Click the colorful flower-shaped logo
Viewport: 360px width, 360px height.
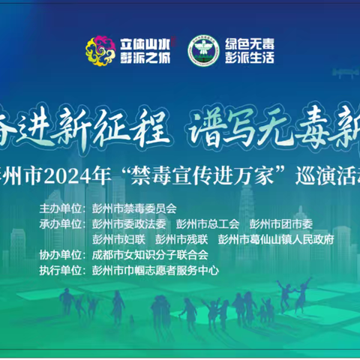100,51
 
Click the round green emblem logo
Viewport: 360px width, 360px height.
202,50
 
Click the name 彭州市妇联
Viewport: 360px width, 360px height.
118,239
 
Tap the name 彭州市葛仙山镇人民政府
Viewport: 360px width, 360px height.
275,239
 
